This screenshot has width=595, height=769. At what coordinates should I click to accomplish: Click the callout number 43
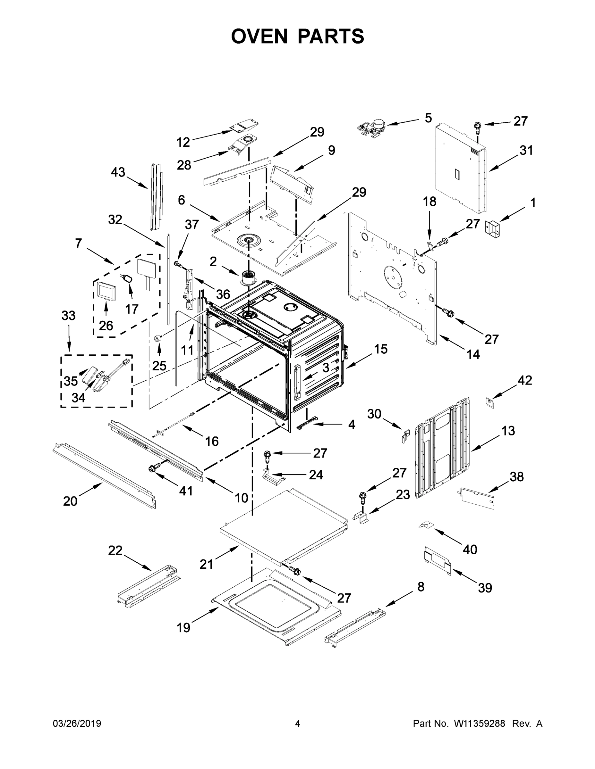(118, 172)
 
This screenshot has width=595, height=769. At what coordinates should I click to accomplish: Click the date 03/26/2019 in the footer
(77, 724)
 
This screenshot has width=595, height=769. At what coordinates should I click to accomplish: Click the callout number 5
(428, 118)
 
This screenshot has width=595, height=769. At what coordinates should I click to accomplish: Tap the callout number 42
(524, 380)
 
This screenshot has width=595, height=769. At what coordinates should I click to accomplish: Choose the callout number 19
(183, 627)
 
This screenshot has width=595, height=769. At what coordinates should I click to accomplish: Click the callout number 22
(115, 550)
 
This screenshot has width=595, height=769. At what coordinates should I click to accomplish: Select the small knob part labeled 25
(157, 338)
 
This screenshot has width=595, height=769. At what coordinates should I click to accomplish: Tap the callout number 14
(473, 354)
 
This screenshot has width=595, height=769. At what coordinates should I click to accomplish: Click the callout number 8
(421, 587)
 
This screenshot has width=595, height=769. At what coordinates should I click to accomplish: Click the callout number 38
(516, 477)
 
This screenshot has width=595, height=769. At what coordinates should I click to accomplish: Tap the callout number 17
(132, 309)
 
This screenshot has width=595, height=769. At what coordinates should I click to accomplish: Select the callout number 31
(526, 150)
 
